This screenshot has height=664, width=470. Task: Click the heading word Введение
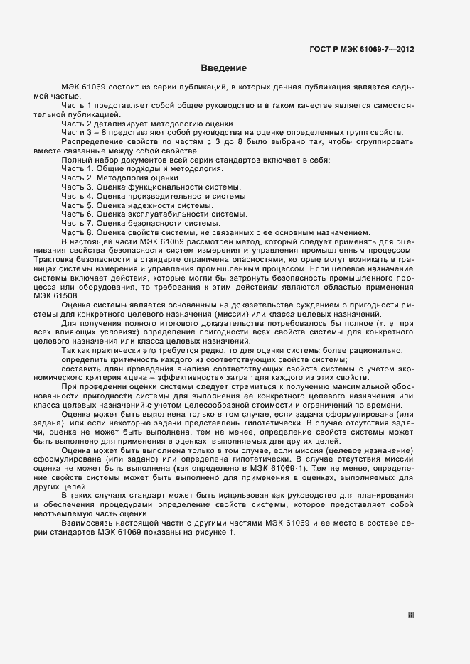click(223, 69)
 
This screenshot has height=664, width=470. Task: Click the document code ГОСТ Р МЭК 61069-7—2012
click(362, 50)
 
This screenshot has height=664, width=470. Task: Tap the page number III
click(410, 615)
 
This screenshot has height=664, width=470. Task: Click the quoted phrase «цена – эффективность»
click(164, 379)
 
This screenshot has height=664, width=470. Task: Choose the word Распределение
click(90, 141)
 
